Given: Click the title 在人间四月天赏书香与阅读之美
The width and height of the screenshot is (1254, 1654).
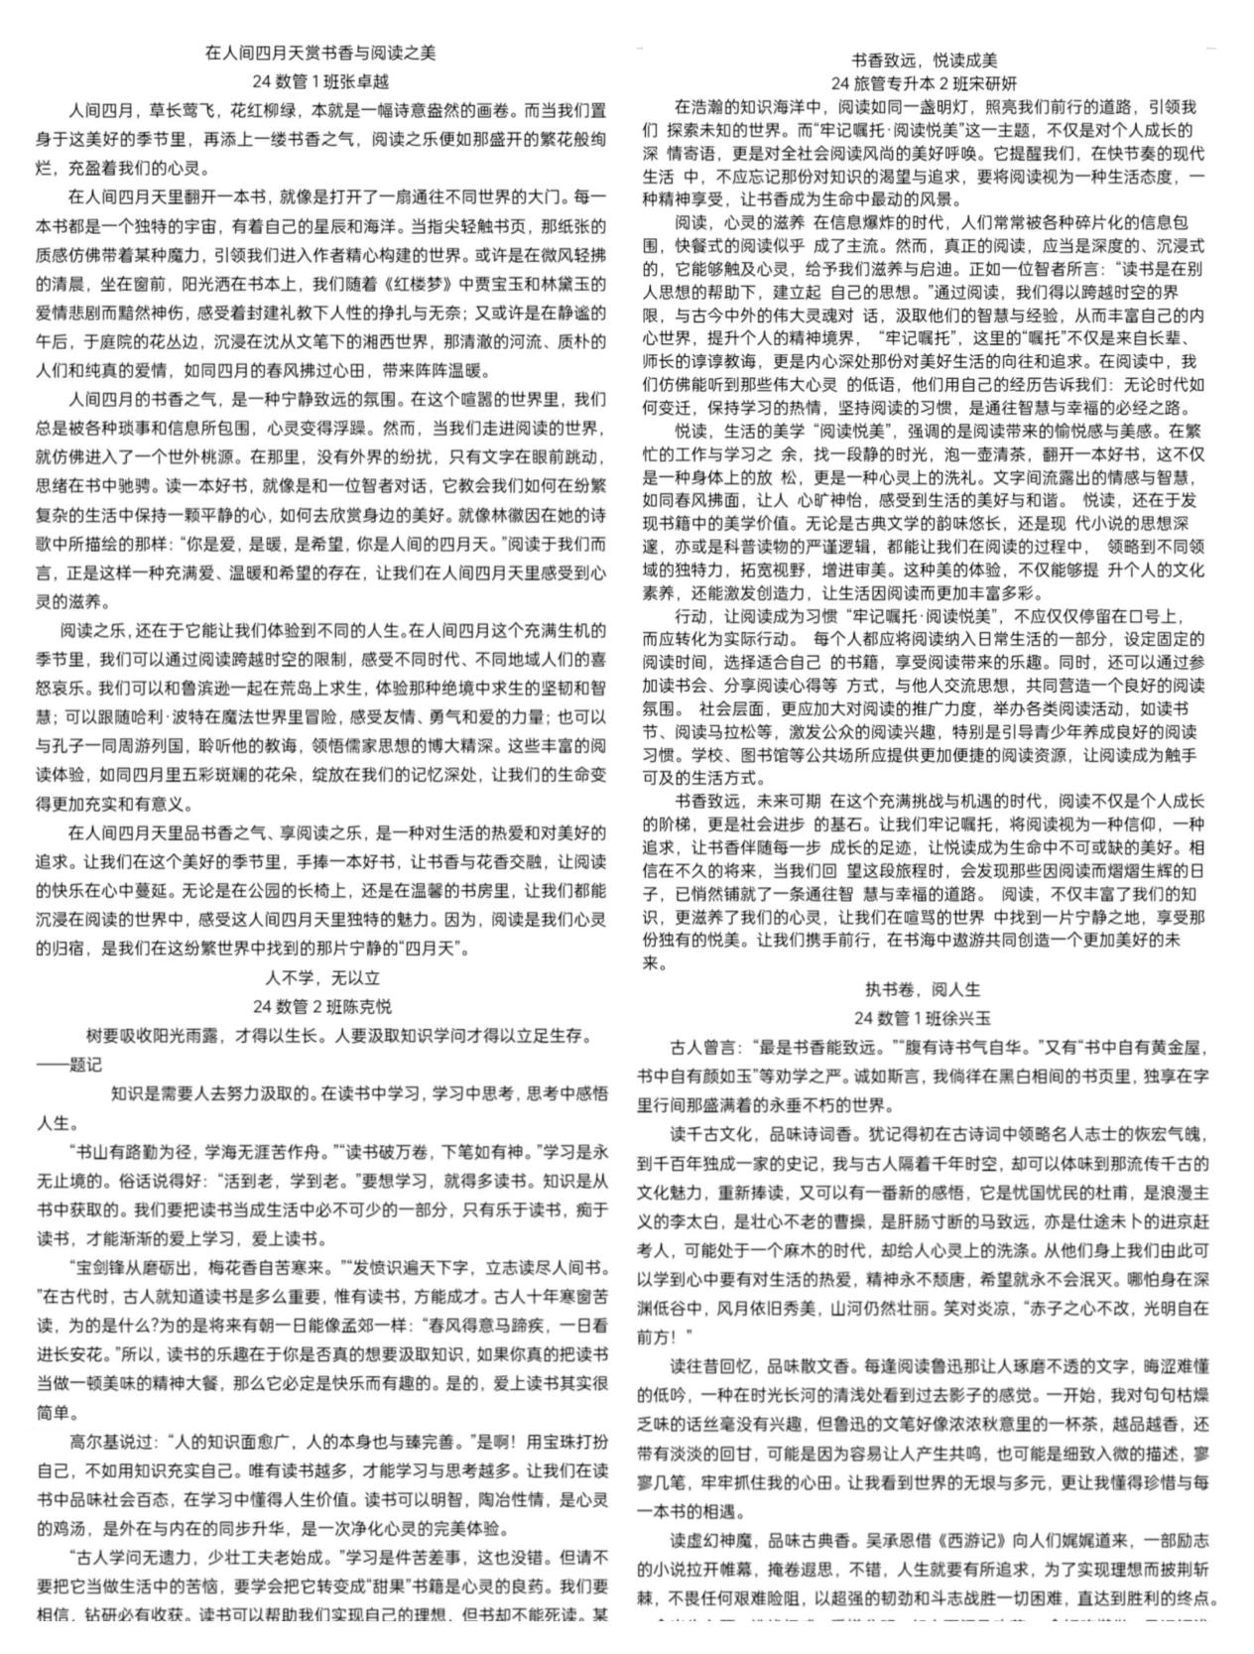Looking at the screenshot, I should coord(319,53).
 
